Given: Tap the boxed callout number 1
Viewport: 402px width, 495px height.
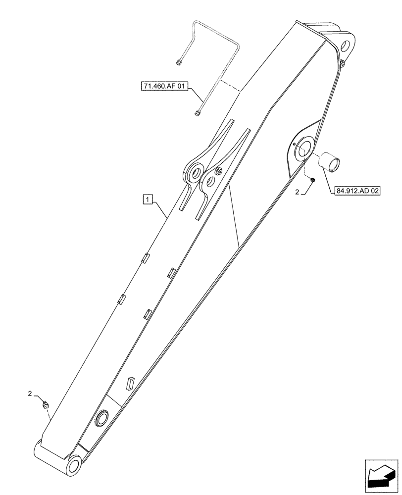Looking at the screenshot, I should [x=148, y=199].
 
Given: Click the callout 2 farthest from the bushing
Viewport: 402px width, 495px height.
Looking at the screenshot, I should [x=31, y=394].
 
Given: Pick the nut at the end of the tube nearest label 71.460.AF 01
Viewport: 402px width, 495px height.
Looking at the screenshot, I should [x=198, y=113].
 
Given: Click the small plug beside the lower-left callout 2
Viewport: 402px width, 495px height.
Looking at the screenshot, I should [x=47, y=404].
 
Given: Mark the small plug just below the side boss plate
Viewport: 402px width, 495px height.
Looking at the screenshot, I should [x=313, y=181].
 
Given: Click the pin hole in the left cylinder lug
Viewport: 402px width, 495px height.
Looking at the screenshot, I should [x=194, y=173].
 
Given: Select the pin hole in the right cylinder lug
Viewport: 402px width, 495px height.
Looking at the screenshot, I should [x=210, y=182].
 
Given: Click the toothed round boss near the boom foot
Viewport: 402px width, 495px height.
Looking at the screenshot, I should [x=102, y=420].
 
